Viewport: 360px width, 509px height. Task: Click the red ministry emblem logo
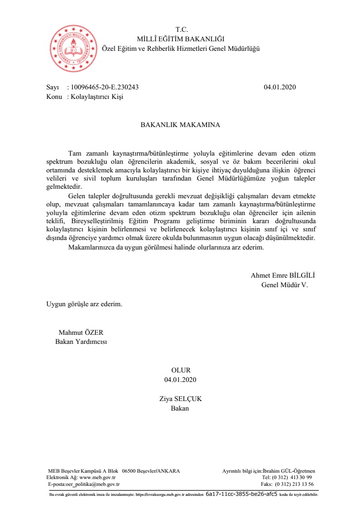coord(73,46)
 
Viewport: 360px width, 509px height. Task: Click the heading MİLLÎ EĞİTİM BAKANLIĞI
coord(180,39)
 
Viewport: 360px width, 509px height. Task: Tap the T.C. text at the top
coord(181,30)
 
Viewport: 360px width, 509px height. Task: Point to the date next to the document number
coord(280,87)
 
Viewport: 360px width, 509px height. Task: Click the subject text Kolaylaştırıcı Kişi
coord(97,97)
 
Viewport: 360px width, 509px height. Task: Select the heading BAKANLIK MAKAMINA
coord(180,125)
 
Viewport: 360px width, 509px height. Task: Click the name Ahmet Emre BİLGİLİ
coord(282,275)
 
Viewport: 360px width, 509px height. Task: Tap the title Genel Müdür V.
coord(284,285)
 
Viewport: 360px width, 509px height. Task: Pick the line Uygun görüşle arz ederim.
coord(84,304)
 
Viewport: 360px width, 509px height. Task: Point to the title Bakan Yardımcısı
coord(81,342)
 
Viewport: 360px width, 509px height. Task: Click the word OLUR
coord(181,370)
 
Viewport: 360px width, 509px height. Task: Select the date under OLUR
coord(181,379)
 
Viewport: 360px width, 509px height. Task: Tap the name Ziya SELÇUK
coord(180,399)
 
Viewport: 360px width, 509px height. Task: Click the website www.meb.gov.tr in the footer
coord(98,477)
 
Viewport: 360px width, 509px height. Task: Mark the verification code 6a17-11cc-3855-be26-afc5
coord(241,494)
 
